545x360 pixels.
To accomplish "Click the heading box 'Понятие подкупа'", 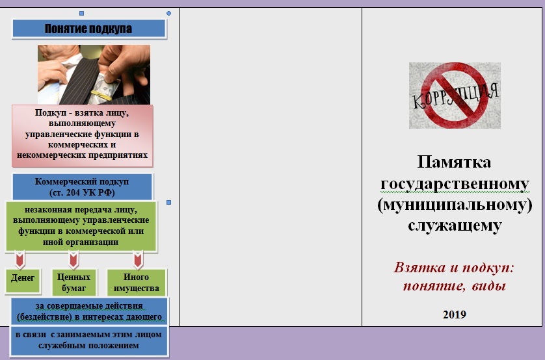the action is click(x=89, y=29).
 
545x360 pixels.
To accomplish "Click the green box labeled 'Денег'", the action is click(x=23, y=281).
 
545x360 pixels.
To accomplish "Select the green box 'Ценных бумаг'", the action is click(x=73, y=282).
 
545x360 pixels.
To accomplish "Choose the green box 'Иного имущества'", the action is click(x=137, y=282).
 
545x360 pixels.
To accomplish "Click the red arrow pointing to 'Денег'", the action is click(x=20, y=260).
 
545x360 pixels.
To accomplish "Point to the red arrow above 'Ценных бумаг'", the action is click(x=73, y=260).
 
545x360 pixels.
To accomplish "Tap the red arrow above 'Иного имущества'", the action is click(x=138, y=260).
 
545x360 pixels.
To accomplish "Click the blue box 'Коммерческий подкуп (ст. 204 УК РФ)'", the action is click(x=83, y=186).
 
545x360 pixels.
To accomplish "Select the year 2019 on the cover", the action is click(x=455, y=314).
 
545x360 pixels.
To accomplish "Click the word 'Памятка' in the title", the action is click(x=454, y=162).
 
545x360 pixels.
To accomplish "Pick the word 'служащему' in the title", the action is click(x=455, y=225).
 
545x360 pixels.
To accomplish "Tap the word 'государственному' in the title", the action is click(x=455, y=183).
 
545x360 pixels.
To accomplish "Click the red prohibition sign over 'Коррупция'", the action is click(x=455, y=96).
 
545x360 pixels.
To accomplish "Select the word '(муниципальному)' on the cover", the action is click(x=455, y=205).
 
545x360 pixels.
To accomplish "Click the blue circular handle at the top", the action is click(x=168, y=13).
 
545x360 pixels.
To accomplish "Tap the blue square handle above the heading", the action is click(x=82, y=13).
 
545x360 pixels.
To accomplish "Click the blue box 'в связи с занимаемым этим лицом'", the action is click(x=89, y=341).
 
